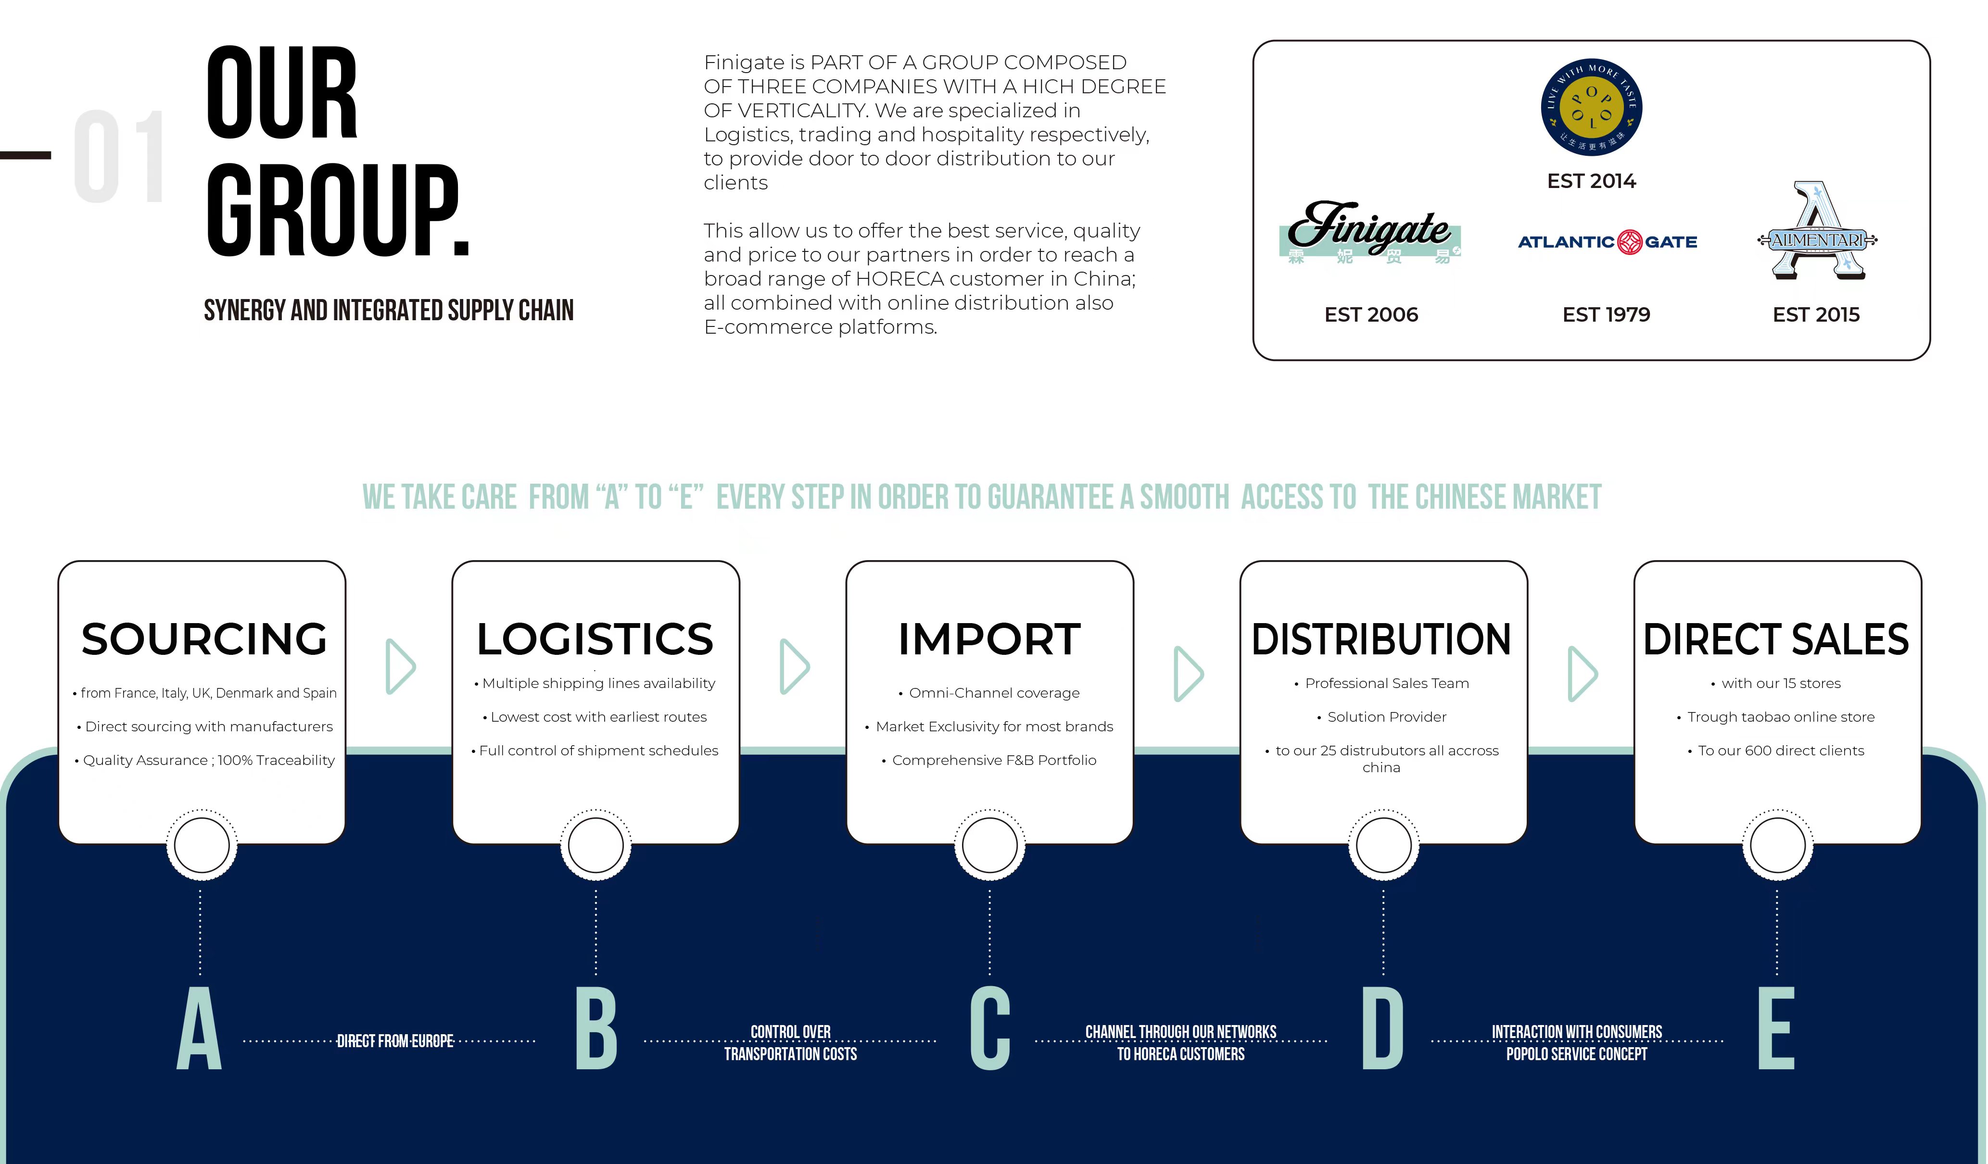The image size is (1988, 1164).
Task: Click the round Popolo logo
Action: (x=1591, y=107)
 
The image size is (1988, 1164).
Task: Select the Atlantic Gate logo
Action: (x=1607, y=241)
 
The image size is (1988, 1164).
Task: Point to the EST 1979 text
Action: (x=1606, y=314)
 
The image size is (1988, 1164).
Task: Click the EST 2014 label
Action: (x=1591, y=181)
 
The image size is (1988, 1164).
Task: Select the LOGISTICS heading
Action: (x=595, y=639)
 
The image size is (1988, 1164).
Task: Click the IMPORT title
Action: (x=989, y=639)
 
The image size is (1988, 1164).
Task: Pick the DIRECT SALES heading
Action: (x=1776, y=639)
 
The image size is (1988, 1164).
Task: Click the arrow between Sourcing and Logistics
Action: (x=400, y=666)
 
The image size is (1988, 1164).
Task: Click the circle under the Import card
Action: (x=989, y=845)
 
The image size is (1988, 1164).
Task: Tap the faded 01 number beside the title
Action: (x=120, y=156)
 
